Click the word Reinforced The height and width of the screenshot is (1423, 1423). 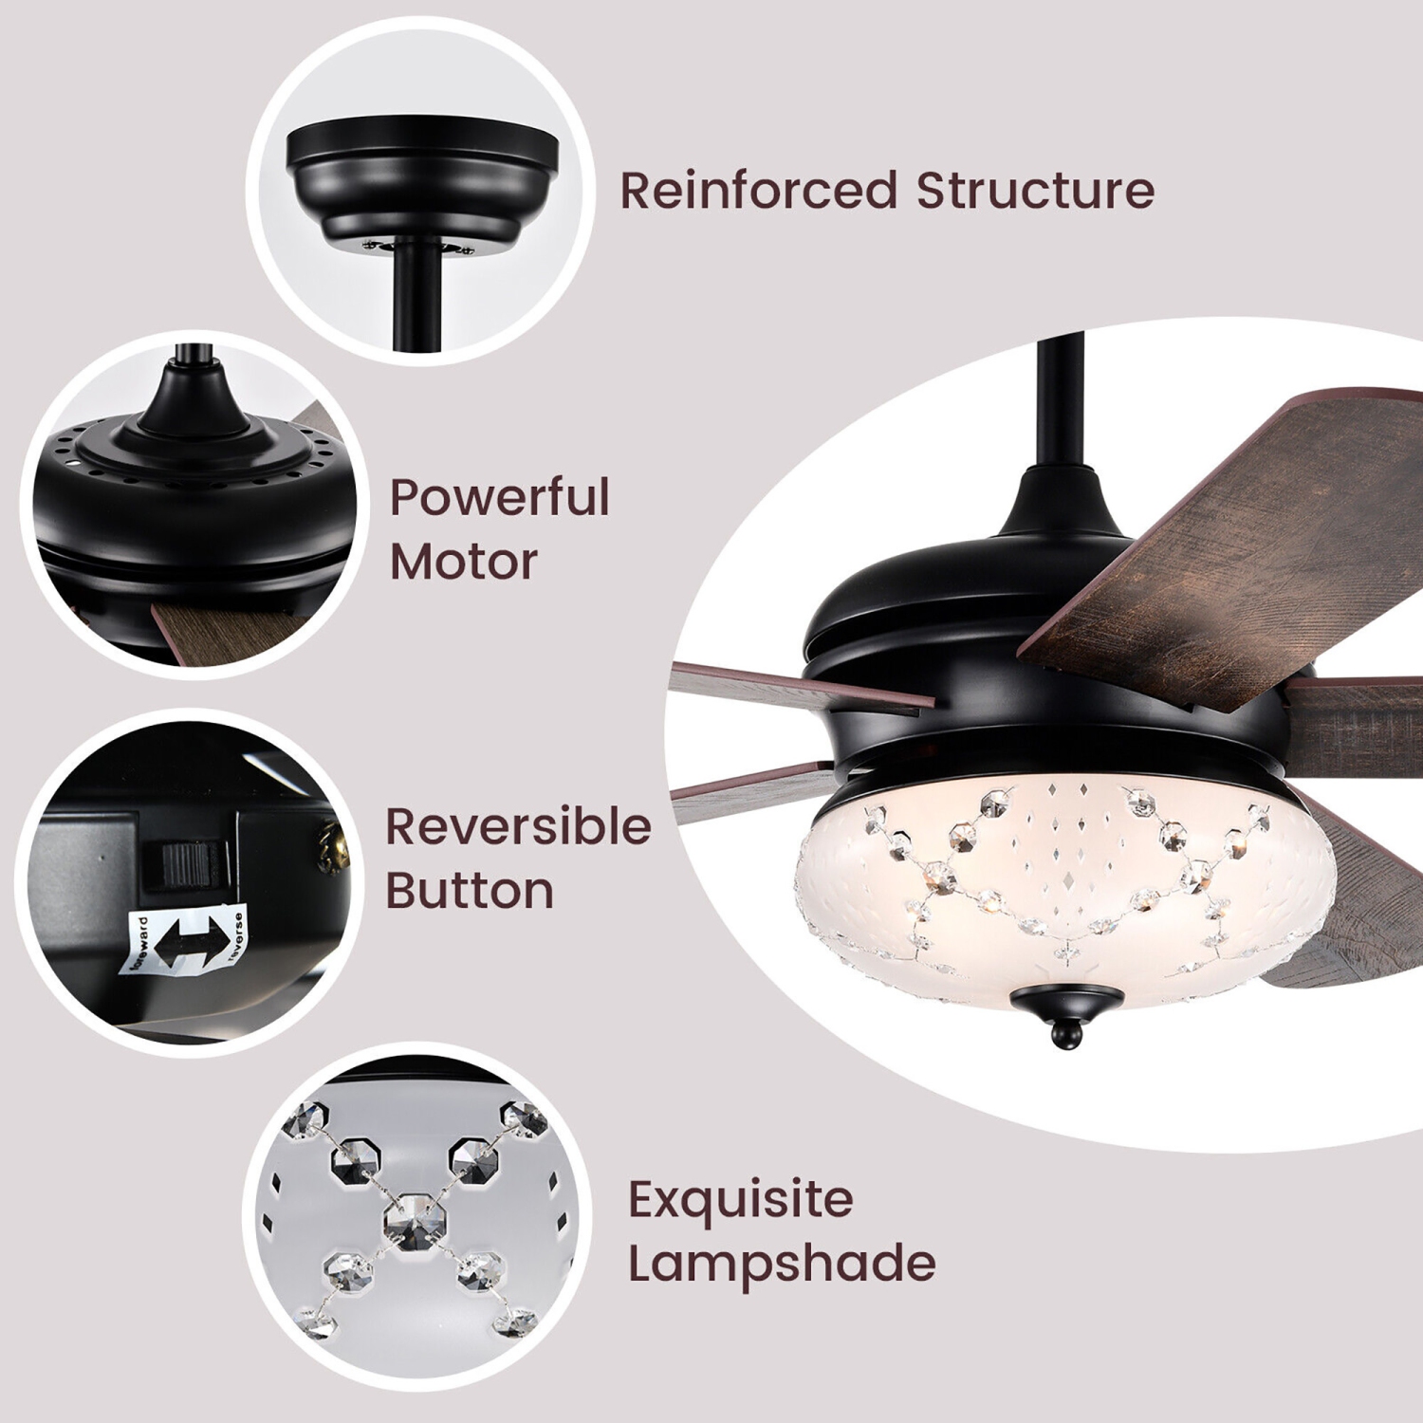coord(758,190)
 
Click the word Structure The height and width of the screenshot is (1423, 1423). coord(1035,190)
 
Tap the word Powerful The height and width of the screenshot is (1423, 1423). coord(499,498)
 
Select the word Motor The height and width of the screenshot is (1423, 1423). coord(463,562)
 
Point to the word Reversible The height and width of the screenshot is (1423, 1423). coord(518,827)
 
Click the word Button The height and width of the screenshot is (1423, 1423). coord(470,891)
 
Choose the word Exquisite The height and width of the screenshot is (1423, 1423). coord(740,1200)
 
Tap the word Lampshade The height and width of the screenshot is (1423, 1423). coord(782,1264)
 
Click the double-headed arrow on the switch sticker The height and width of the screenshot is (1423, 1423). coord(180,943)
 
